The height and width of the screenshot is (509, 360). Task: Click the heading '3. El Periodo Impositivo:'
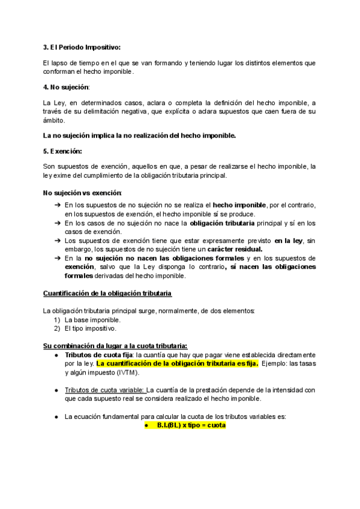click(82, 47)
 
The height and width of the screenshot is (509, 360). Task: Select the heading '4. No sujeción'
click(65, 87)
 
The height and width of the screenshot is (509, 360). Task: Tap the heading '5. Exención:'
click(62, 151)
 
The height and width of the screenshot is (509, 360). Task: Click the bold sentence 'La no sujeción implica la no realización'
click(140, 135)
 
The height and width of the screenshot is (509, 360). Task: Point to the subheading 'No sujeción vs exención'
click(82, 192)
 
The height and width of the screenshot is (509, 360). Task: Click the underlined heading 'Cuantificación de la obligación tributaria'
click(107, 294)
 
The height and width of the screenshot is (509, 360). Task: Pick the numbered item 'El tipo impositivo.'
click(91, 328)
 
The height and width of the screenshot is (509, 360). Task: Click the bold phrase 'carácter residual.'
click(231, 249)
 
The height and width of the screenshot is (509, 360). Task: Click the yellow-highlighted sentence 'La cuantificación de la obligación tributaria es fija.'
click(177, 363)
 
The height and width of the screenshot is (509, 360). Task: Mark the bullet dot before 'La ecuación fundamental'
click(56, 415)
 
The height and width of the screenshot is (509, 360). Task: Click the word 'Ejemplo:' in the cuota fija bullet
click(277, 363)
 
